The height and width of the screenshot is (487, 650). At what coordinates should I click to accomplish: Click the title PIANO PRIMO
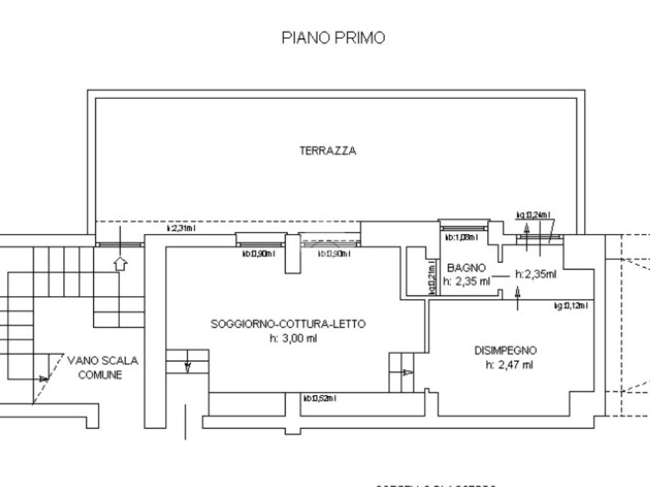coord(333,37)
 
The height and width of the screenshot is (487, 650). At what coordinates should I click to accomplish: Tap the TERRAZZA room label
coord(328,151)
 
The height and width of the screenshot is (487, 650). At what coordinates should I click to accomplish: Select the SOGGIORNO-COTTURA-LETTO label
coord(288,323)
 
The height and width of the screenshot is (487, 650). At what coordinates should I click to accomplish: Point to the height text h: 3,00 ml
coord(293,338)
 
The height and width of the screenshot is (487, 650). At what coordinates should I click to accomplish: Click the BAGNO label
coord(466,268)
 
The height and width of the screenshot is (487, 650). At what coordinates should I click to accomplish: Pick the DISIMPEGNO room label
coord(505,350)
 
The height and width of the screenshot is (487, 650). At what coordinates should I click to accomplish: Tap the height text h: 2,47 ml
coord(509,365)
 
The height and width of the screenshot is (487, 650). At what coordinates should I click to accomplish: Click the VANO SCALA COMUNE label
coord(102,367)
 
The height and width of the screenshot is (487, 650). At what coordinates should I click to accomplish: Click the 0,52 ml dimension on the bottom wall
coord(319,398)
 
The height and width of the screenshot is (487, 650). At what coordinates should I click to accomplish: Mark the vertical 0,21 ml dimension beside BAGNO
coord(432,278)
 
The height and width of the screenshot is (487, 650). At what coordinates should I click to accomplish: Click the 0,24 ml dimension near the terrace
coord(533,215)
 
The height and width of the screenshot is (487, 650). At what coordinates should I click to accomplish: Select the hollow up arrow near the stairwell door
coord(120,263)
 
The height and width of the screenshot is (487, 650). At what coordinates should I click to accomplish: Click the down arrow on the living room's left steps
coord(188,367)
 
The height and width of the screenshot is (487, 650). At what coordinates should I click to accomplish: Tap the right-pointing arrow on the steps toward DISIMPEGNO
coord(407,372)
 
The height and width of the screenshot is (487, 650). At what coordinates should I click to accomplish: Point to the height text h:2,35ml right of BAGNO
coord(536,275)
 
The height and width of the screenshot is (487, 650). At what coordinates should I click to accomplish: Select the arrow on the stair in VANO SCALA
coord(43,379)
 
